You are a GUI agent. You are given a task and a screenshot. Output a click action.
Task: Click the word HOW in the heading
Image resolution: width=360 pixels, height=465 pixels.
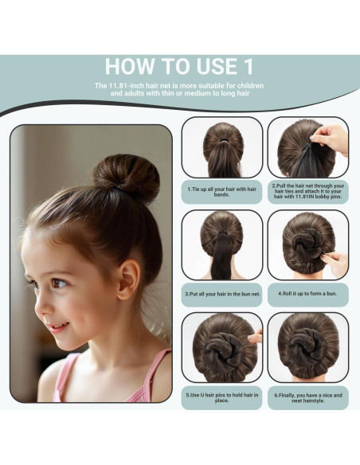[131, 65]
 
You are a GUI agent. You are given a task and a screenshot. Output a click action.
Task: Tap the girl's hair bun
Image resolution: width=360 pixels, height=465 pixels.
[127, 177]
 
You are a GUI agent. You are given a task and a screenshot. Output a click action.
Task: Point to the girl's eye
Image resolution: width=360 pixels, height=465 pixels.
[59, 283]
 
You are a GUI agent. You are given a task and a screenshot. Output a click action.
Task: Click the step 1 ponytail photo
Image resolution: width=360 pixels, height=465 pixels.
[222, 147]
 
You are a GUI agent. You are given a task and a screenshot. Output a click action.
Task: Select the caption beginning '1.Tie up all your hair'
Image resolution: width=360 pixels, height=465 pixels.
[222, 191]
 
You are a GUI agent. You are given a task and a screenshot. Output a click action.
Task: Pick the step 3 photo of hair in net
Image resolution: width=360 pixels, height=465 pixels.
[222, 244]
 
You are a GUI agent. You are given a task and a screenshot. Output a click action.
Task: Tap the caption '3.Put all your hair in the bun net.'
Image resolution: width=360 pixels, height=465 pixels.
[222, 293]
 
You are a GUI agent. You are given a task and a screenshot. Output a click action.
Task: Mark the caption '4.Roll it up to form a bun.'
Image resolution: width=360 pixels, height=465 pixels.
[307, 293]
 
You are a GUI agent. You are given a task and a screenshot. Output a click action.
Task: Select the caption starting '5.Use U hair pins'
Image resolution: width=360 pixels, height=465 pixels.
[222, 396]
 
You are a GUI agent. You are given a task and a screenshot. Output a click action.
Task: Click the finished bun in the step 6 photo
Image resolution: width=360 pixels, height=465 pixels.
[307, 348]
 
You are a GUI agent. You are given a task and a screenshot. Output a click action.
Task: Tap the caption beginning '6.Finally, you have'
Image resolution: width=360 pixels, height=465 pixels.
[307, 396]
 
